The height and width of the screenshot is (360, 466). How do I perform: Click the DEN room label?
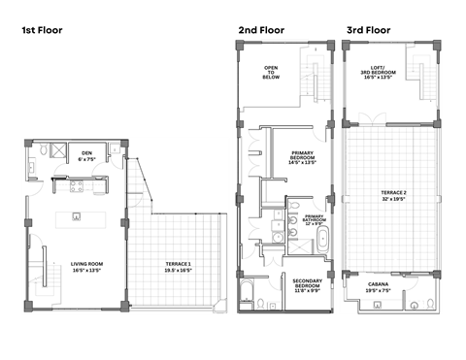coord(86,152)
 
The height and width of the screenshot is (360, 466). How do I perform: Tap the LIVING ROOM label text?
coord(87,264)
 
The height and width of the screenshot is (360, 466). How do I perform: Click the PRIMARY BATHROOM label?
coord(315,216)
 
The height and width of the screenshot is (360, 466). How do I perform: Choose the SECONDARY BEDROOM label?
coord(307,283)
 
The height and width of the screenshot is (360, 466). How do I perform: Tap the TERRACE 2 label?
coord(393,194)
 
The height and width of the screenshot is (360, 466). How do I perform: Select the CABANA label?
coord(379,284)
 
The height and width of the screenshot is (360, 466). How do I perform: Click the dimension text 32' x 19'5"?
coord(393,201)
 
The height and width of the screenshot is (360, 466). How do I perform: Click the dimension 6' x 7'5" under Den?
coord(86,159)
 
